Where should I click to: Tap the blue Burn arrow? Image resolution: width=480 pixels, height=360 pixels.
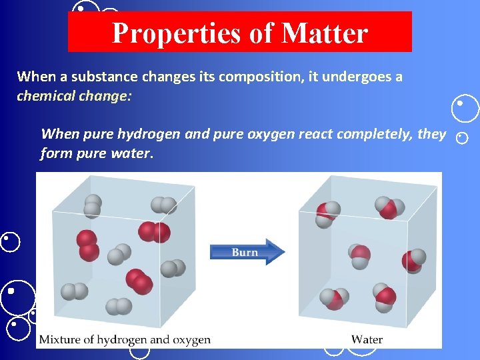click(x=247, y=252)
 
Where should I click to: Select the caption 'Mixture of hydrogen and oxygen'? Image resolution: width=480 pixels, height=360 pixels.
click(x=125, y=339)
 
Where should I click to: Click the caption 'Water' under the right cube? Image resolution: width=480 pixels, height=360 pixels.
click(x=367, y=339)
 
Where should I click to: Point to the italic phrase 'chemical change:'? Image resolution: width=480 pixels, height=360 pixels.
click(x=75, y=96)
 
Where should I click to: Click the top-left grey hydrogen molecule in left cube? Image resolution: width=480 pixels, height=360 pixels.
click(x=93, y=205)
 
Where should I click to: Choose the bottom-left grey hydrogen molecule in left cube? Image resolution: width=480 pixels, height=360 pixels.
click(x=74, y=291)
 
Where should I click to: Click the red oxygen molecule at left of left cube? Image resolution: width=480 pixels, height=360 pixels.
click(x=87, y=245)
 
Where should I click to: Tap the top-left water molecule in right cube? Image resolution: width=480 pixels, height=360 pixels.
click(x=327, y=213)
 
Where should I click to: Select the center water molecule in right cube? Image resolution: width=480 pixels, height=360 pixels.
click(x=360, y=254)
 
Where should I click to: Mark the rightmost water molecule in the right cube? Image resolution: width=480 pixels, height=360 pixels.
click(x=414, y=261)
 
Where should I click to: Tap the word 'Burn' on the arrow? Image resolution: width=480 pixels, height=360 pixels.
click(x=245, y=252)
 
